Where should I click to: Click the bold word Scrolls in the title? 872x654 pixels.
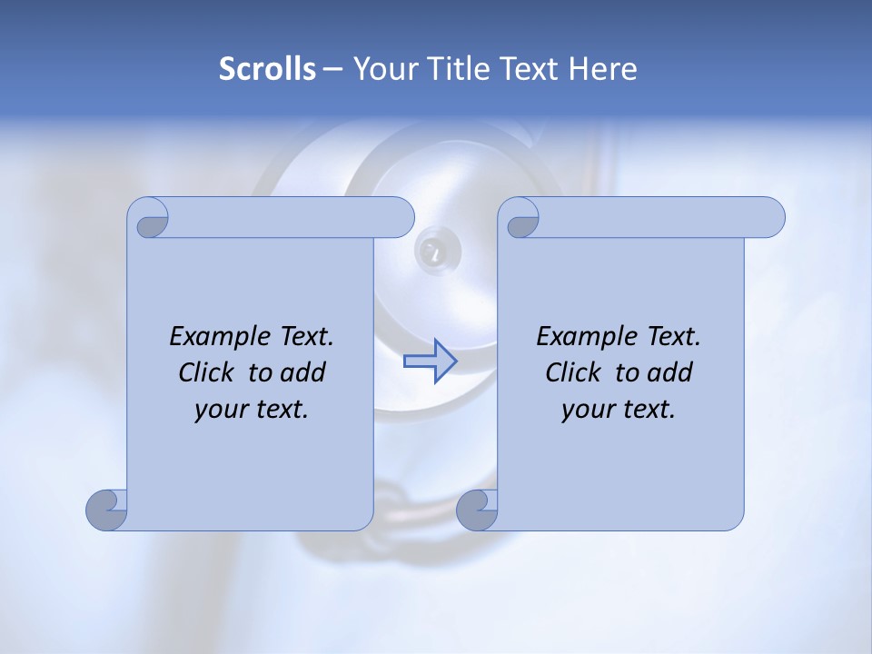click(x=268, y=69)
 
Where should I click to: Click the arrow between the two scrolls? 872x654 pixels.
click(x=430, y=361)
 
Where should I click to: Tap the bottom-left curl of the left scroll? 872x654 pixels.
click(x=106, y=510)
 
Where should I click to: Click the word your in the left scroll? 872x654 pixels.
click(x=220, y=410)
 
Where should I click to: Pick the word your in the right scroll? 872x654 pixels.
click(x=587, y=410)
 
